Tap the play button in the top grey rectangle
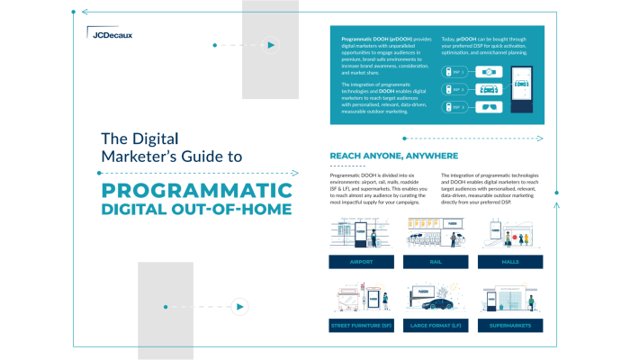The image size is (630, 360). (x=270, y=44)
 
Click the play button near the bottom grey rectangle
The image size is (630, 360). (x=239, y=306)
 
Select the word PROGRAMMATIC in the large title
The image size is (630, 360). (x=196, y=191)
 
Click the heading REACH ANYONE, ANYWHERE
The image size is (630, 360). (x=388, y=155)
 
